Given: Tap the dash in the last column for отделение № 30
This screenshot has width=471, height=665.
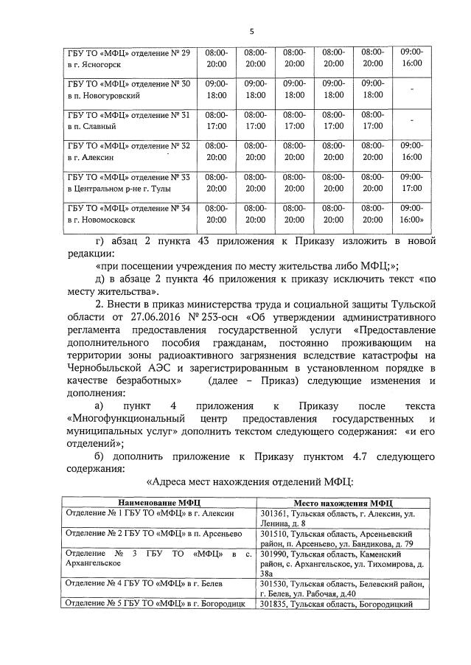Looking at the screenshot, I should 411,89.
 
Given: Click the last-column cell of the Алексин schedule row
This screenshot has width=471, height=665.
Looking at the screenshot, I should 411,152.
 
